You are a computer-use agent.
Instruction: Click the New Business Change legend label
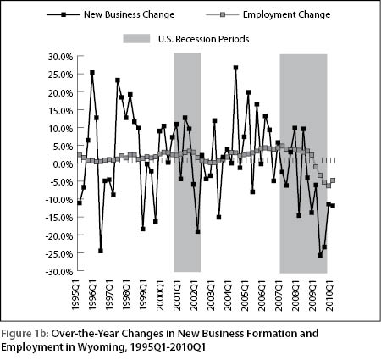pyautogui.click(x=129, y=14)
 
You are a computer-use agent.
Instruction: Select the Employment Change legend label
pyautogui.click(x=286, y=14)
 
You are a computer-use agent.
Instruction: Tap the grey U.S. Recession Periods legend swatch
pyautogui.click(x=136, y=39)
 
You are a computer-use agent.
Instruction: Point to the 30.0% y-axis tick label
pyautogui.click(x=61, y=57)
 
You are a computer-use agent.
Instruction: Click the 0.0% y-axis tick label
pyautogui.click(x=63, y=163)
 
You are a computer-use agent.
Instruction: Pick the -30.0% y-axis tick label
pyautogui.click(x=59, y=271)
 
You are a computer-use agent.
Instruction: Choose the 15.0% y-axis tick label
pyautogui.click(x=61, y=110)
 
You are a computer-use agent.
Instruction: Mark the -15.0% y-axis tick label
pyautogui.click(x=59, y=218)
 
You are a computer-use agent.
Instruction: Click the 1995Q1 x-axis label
pyautogui.click(x=76, y=295)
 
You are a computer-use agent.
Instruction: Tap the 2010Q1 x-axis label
pyautogui.click(x=329, y=295)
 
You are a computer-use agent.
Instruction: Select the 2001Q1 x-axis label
pyautogui.click(x=177, y=295)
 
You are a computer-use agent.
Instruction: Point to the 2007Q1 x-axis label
pyautogui.click(x=279, y=295)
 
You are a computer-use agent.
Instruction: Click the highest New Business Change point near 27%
pyautogui.click(x=235, y=68)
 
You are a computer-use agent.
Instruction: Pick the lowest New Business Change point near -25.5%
pyautogui.click(x=320, y=255)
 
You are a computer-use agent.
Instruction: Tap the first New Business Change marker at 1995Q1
pyautogui.click(x=80, y=202)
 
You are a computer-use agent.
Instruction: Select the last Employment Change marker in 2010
pyautogui.click(x=333, y=180)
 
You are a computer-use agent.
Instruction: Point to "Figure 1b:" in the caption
pyautogui.click(x=25, y=334)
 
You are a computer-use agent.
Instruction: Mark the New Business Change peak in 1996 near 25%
pyautogui.click(x=92, y=73)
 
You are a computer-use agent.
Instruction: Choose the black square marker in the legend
pyautogui.click(x=63, y=14)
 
